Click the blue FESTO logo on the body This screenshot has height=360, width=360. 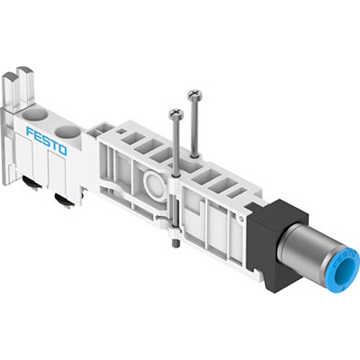46,142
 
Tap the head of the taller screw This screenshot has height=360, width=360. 194,94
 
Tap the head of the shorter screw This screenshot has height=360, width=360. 176,114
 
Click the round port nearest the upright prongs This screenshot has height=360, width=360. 34,114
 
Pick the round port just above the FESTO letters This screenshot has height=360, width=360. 68,132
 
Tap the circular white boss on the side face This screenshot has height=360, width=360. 155,185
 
